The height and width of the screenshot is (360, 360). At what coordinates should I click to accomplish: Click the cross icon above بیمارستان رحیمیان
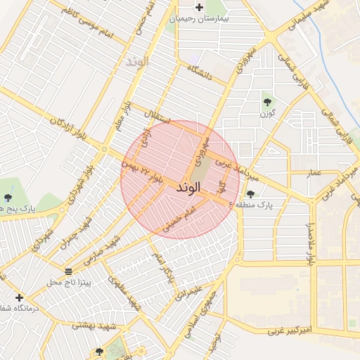[200, 8]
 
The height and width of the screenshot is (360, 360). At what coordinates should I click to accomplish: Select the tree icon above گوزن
[267, 101]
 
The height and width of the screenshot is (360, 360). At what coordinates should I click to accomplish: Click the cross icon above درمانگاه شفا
[19, 297]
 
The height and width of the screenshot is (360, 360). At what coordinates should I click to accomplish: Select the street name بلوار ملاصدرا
[308, 245]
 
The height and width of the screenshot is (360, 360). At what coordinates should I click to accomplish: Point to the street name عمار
[314, 172]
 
